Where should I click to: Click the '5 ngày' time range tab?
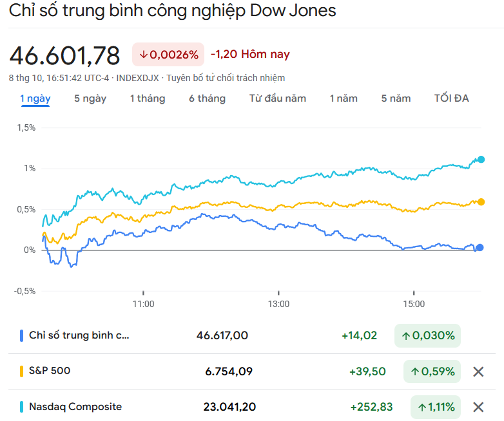pos(90,98)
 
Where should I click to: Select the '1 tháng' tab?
pos(147,98)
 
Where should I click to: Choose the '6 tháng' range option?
pos(207,98)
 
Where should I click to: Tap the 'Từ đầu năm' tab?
pos(278,98)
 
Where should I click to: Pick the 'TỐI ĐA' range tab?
pos(451,98)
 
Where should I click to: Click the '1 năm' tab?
pos(343,98)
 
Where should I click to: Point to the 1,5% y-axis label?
pos(26,127)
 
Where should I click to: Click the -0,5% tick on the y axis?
pos(24,290)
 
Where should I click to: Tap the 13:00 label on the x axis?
pos(278,303)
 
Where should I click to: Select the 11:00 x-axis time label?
pos(142,303)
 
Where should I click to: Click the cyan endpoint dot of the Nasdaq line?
pos(480,160)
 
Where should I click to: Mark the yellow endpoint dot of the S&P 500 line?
pos(480,201)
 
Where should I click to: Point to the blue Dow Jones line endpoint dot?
pos(480,247)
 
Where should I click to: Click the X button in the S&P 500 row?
pos(478,371)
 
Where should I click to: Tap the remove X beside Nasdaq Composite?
pos(478,407)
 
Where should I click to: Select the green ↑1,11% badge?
pos(436,407)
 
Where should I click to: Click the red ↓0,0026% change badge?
pos(168,55)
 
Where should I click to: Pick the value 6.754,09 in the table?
pos(229,371)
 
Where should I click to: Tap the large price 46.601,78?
pos(64,56)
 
